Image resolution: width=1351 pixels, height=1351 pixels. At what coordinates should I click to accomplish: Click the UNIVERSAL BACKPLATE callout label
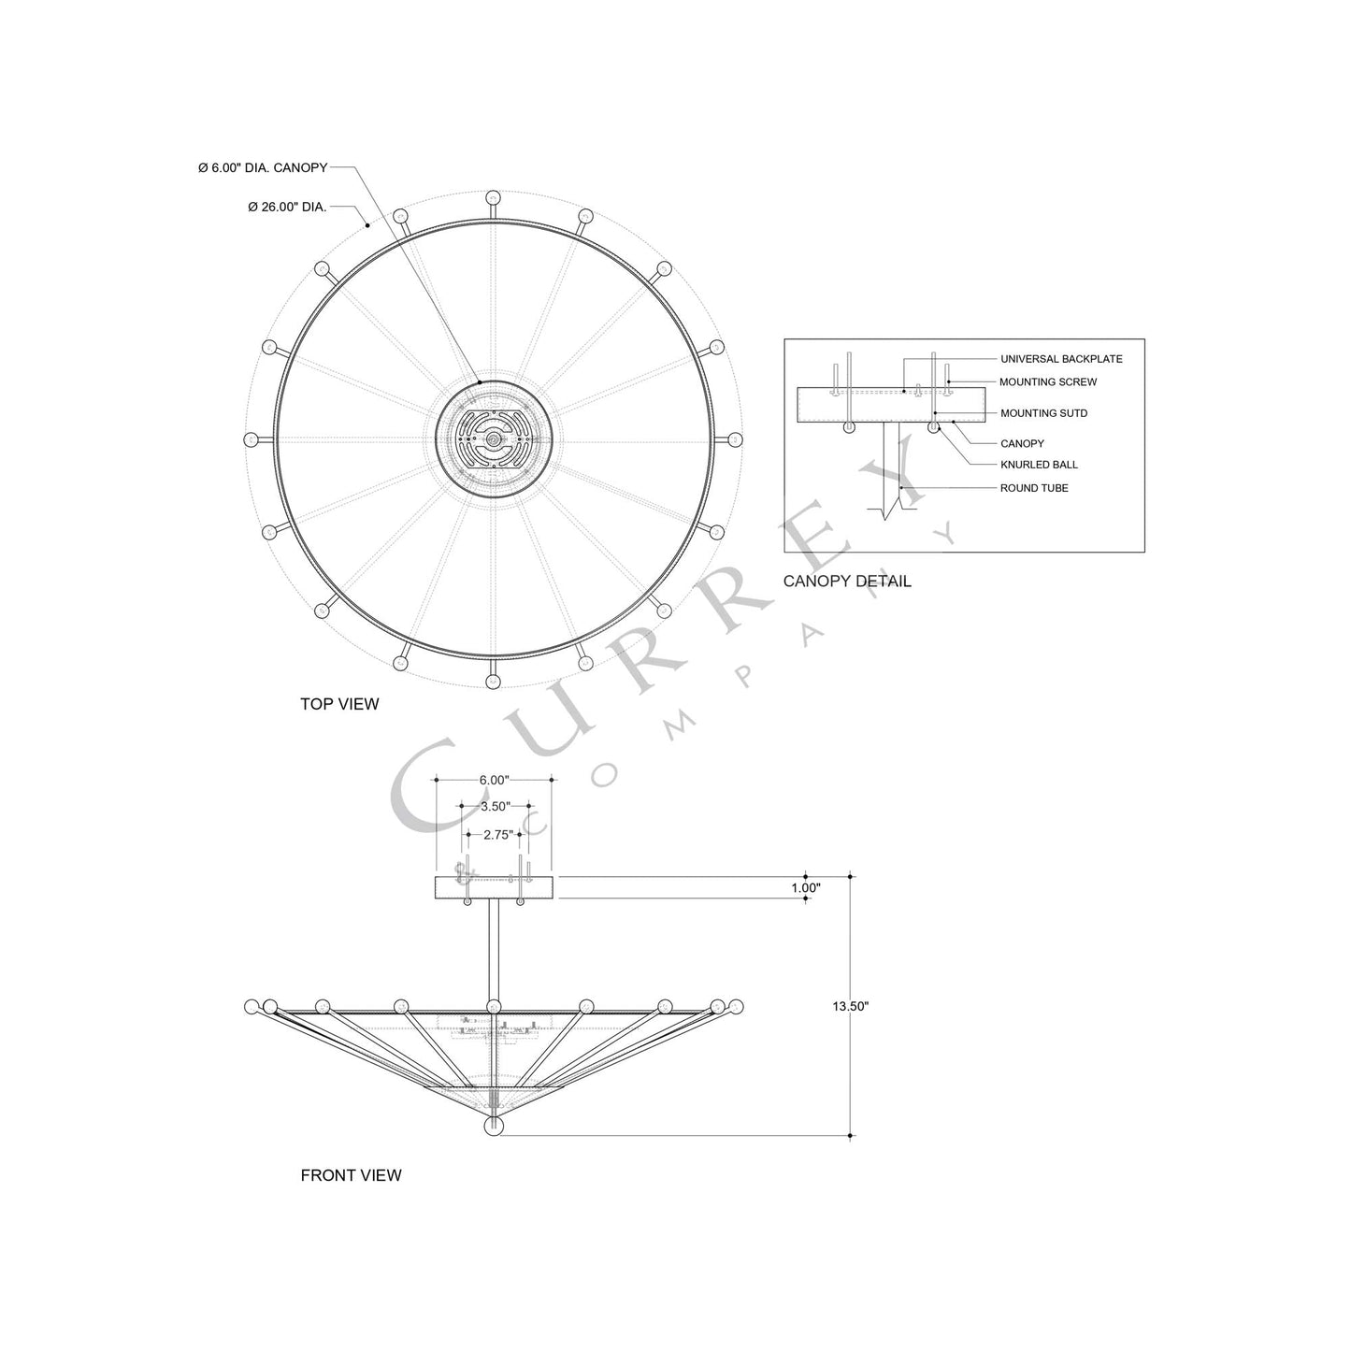click(1060, 359)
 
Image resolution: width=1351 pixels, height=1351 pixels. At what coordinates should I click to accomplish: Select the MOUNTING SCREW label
click(1047, 382)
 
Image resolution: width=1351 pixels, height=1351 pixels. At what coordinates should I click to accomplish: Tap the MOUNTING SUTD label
click(1043, 413)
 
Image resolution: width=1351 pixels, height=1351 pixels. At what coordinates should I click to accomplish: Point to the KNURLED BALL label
click(1038, 465)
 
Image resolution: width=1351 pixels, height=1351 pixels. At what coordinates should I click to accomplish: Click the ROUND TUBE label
click(1033, 488)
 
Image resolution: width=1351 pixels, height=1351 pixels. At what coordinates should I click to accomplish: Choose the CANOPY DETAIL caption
click(846, 582)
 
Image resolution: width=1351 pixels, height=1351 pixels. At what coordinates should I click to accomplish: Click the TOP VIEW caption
click(339, 704)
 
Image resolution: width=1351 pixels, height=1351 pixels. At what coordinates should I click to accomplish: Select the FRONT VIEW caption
click(351, 1175)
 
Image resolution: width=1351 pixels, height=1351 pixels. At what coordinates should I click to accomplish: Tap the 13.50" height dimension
click(850, 1007)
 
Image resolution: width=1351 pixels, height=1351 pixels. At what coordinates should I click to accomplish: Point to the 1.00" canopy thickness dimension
click(805, 888)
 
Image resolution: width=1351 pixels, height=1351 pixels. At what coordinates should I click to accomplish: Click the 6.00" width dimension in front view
click(494, 780)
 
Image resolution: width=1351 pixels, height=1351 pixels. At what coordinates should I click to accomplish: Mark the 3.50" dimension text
click(494, 806)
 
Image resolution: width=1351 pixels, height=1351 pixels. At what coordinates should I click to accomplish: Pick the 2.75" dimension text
click(497, 835)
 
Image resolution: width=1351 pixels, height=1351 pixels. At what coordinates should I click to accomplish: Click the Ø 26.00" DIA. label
click(287, 208)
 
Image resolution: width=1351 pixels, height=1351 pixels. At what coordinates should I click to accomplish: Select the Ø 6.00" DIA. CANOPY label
click(263, 168)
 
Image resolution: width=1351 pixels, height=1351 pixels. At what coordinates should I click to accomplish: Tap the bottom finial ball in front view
click(494, 1127)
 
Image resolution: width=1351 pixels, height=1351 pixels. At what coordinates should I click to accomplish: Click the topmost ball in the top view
click(493, 198)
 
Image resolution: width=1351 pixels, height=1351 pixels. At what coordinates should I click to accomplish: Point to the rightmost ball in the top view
click(735, 439)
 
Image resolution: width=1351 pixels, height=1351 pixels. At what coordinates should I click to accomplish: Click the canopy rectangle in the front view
click(494, 888)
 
